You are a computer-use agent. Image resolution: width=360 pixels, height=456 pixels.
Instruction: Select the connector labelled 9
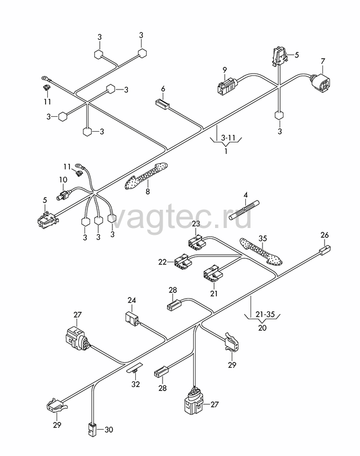[x=226, y=86]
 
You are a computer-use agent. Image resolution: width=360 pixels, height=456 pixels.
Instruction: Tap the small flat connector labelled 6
[x=161, y=104]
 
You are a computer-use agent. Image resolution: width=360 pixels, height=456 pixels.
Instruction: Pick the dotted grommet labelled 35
[x=261, y=251]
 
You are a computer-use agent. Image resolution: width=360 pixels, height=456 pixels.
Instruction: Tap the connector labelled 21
[x=213, y=273]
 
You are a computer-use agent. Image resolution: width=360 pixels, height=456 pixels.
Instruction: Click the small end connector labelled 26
[x=325, y=250]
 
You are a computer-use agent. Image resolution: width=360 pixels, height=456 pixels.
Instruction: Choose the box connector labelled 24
[x=132, y=317]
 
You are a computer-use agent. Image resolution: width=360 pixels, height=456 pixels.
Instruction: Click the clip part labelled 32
[x=135, y=368]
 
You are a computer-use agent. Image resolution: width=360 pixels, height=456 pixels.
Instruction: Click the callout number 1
[x=226, y=151]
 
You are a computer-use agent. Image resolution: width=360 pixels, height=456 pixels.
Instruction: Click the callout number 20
[x=262, y=328]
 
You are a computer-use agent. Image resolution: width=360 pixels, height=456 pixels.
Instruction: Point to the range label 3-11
[x=228, y=137]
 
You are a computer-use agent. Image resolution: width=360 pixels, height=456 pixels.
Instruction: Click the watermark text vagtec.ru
[x=181, y=217]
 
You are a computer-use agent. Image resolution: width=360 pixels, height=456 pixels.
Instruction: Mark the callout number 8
[x=148, y=192]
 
